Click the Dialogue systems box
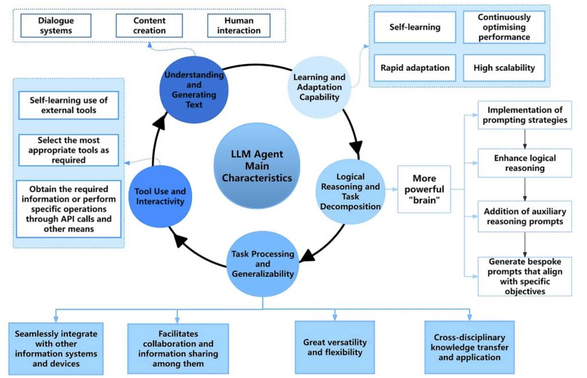point(57,25)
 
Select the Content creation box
point(149,25)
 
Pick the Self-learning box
point(415,27)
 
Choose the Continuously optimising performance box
point(504,27)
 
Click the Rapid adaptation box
point(415,68)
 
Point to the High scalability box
point(504,68)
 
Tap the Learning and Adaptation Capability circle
point(319,86)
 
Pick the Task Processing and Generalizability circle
point(263,263)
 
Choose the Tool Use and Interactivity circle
point(159,196)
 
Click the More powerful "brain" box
point(424,189)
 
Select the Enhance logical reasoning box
point(525,163)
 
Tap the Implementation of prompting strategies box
point(525,115)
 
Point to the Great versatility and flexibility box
point(335,347)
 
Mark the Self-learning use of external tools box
point(68,105)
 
